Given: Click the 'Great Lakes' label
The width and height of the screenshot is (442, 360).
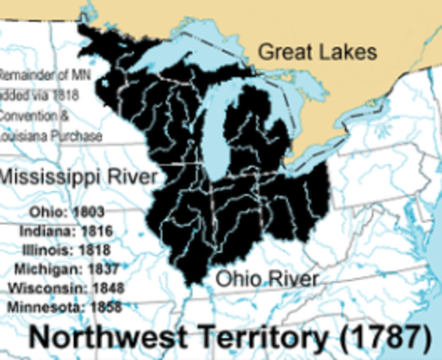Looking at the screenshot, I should [317, 52].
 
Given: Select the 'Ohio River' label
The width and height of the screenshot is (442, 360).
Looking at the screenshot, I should [267, 279].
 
